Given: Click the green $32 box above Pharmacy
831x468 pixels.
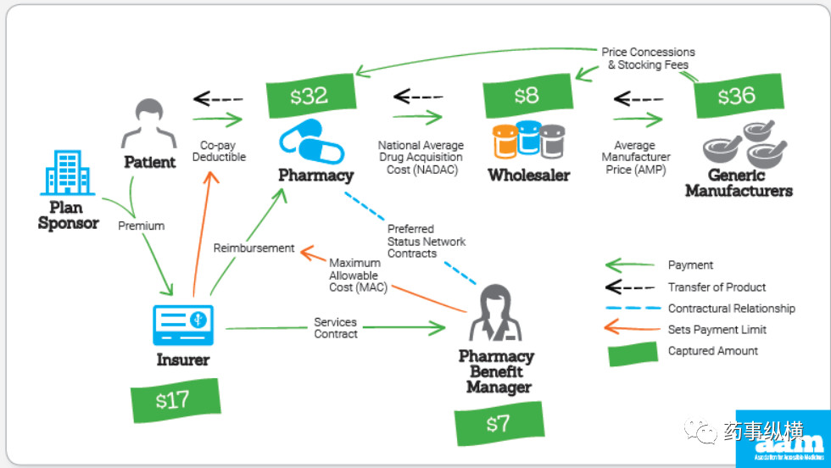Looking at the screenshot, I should click(309, 96).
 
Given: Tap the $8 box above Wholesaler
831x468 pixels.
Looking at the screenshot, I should click(526, 96).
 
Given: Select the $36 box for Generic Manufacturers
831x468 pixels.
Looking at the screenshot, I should click(735, 96).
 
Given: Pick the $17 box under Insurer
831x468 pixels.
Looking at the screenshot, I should click(174, 399).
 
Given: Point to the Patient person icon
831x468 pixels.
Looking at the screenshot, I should click(149, 124).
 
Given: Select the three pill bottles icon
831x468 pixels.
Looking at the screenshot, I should click(529, 141).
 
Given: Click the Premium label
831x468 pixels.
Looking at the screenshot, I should click(141, 226).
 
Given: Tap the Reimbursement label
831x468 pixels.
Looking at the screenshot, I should click(254, 248).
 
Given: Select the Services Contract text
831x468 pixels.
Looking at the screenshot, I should click(336, 328).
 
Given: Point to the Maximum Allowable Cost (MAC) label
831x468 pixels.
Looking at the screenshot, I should click(358, 276).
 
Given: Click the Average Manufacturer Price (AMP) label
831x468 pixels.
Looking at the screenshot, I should click(636, 158).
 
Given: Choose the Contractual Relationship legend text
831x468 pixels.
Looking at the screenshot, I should click(731, 309).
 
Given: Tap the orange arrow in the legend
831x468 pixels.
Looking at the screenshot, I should click(632, 330).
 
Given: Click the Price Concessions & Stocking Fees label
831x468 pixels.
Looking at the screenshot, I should click(648, 58).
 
